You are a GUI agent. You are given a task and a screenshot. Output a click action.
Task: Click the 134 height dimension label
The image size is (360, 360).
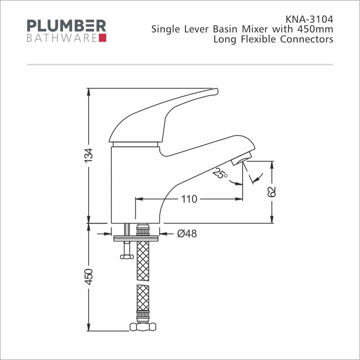tap(89, 156)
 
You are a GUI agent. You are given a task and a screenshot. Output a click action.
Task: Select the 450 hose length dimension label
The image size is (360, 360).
tap(89, 277)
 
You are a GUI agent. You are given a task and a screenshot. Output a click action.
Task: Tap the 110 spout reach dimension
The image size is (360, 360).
tap(189, 199)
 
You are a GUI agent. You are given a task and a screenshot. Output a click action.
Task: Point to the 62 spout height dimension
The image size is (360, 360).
tap(271, 192)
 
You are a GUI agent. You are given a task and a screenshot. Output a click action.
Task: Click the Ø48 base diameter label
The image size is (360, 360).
tap(187, 234)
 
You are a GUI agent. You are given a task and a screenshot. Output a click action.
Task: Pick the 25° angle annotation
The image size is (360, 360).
tap(220, 174)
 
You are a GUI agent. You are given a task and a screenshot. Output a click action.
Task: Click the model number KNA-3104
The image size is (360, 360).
tap(309, 19)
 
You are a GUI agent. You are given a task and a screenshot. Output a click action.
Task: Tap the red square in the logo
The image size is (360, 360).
tap(103, 38)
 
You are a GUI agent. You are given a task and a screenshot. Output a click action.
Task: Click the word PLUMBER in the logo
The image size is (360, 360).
tap(67, 26)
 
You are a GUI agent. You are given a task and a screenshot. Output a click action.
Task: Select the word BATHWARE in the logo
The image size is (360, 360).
tap(62, 38)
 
